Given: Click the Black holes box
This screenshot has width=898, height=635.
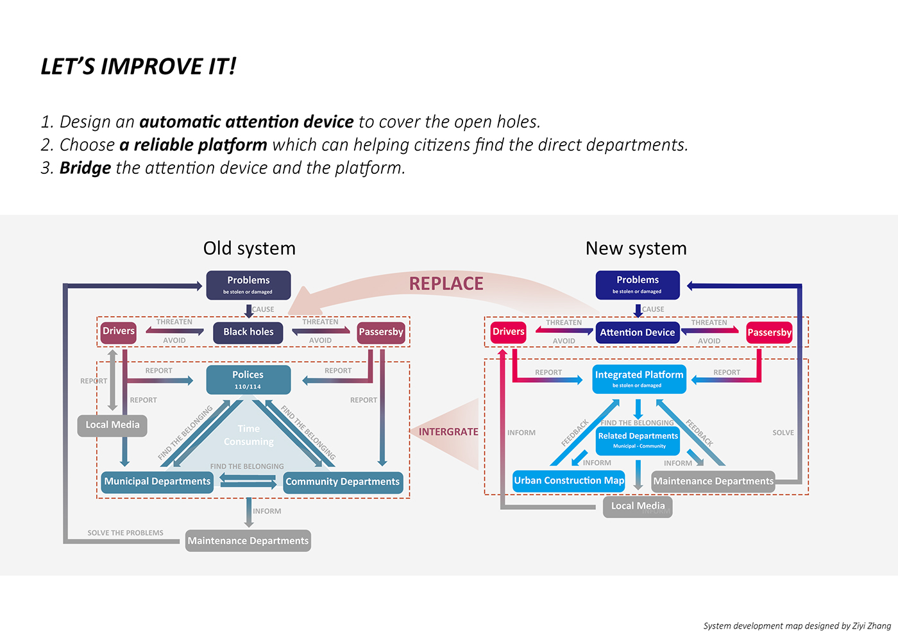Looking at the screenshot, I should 248,332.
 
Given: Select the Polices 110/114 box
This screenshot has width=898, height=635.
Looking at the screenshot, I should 248,380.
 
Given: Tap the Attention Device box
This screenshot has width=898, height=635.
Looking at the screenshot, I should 638,332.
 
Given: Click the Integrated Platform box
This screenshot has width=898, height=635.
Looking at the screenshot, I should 639,379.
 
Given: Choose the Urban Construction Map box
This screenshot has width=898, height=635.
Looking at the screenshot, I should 569,481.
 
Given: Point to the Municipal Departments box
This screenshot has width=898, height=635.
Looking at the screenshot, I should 157,482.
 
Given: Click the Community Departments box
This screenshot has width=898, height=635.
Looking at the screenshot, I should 343,482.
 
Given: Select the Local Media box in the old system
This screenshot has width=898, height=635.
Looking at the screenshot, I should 112,425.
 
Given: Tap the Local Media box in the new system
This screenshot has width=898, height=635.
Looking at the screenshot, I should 638,506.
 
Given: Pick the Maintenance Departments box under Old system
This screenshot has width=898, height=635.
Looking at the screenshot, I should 248,541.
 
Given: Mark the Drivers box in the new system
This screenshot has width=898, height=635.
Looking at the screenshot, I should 509,332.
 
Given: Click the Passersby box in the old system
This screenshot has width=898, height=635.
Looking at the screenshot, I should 381,332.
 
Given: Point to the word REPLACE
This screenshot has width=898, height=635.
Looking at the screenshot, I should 446,284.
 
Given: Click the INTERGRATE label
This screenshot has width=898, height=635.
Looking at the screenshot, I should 448,432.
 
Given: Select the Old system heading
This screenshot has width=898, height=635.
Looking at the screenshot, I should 250,248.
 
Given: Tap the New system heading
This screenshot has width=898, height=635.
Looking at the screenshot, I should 636,248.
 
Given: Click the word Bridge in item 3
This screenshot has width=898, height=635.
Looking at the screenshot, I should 85,168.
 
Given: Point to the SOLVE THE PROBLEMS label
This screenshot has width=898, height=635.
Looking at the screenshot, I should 125,533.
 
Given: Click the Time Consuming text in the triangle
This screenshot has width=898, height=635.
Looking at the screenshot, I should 248,435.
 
